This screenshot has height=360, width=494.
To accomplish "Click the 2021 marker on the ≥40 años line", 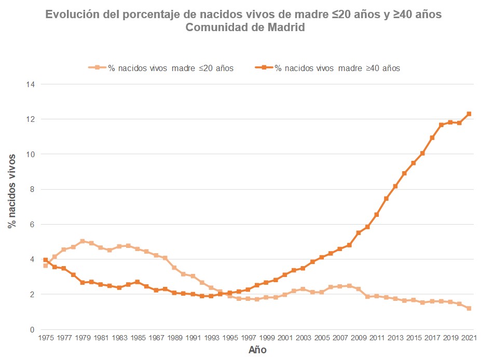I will point(469,114).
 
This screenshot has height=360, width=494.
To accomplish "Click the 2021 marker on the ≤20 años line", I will point(469,308).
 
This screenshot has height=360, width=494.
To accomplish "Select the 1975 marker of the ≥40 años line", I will point(46,260).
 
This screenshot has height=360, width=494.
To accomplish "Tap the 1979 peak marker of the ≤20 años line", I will point(83,241).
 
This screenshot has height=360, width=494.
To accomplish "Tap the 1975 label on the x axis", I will point(46,338).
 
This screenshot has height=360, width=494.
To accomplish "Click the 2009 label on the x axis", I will point(358,338).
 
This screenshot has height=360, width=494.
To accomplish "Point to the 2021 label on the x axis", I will point(469,338).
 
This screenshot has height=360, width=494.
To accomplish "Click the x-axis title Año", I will point(257,350).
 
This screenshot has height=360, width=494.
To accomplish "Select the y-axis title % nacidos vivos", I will point(11,190).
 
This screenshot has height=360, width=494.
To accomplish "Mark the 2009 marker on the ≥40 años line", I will point(358,233).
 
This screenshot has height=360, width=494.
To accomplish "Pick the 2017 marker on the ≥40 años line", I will point(432,137).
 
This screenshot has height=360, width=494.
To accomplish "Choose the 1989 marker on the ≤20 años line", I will point(174,268).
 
